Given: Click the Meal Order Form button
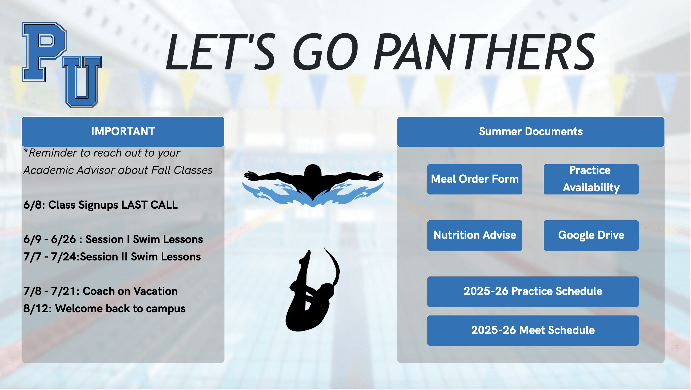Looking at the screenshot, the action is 475,179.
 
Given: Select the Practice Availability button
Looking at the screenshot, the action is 591,179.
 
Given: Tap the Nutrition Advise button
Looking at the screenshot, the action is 475,235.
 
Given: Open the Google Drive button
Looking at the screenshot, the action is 591,235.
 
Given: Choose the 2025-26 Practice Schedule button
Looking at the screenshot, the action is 533,291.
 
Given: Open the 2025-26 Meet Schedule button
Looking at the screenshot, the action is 533,330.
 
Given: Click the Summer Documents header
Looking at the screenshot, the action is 531,132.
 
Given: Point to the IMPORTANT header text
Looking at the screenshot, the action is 123,131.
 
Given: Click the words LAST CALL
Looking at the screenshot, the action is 149,205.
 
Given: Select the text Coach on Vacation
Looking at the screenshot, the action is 130,291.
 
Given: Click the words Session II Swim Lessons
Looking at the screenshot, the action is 140,257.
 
